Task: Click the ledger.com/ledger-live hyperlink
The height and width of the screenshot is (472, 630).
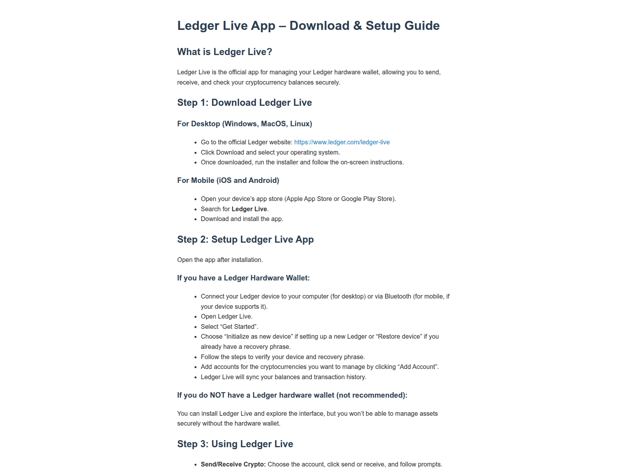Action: pyautogui.click(x=342, y=142)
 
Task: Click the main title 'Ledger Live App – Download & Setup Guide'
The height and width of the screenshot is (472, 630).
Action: pyautogui.click(x=308, y=26)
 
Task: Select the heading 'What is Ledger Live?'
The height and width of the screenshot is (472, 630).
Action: pyautogui.click(x=224, y=52)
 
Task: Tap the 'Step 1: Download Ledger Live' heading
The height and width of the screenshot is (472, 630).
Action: pyautogui.click(x=244, y=103)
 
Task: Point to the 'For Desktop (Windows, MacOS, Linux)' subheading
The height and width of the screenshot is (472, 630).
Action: pyautogui.click(x=245, y=124)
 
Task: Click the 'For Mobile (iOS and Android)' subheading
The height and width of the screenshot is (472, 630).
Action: pyautogui.click(x=228, y=181)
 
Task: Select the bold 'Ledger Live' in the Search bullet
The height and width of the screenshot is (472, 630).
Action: pyautogui.click(x=249, y=209)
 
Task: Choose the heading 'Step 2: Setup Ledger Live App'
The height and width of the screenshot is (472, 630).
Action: pyautogui.click(x=245, y=240)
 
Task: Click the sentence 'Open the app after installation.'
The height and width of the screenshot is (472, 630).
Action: pyautogui.click(x=220, y=260)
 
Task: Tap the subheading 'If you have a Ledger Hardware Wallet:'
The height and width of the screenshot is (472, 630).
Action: pyautogui.click(x=243, y=278)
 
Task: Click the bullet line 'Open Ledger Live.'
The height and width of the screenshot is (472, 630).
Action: pyautogui.click(x=226, y=316)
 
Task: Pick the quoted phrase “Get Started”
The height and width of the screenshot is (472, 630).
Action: pyautogui.click(x=239, y=326)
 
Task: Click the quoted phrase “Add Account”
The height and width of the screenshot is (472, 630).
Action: pyautogui.click(x=418, y=367)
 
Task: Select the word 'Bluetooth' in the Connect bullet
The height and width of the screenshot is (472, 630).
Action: pyautogui.click(x=398, y=296)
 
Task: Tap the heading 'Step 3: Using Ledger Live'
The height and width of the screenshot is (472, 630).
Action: pyautogui.click(x=235, y=444)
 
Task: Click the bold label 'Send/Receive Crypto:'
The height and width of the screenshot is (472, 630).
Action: pyautogui.click(x=233, y=464)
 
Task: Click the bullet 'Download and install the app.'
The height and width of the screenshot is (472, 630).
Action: pyautogui.click(x=242, y=219)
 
